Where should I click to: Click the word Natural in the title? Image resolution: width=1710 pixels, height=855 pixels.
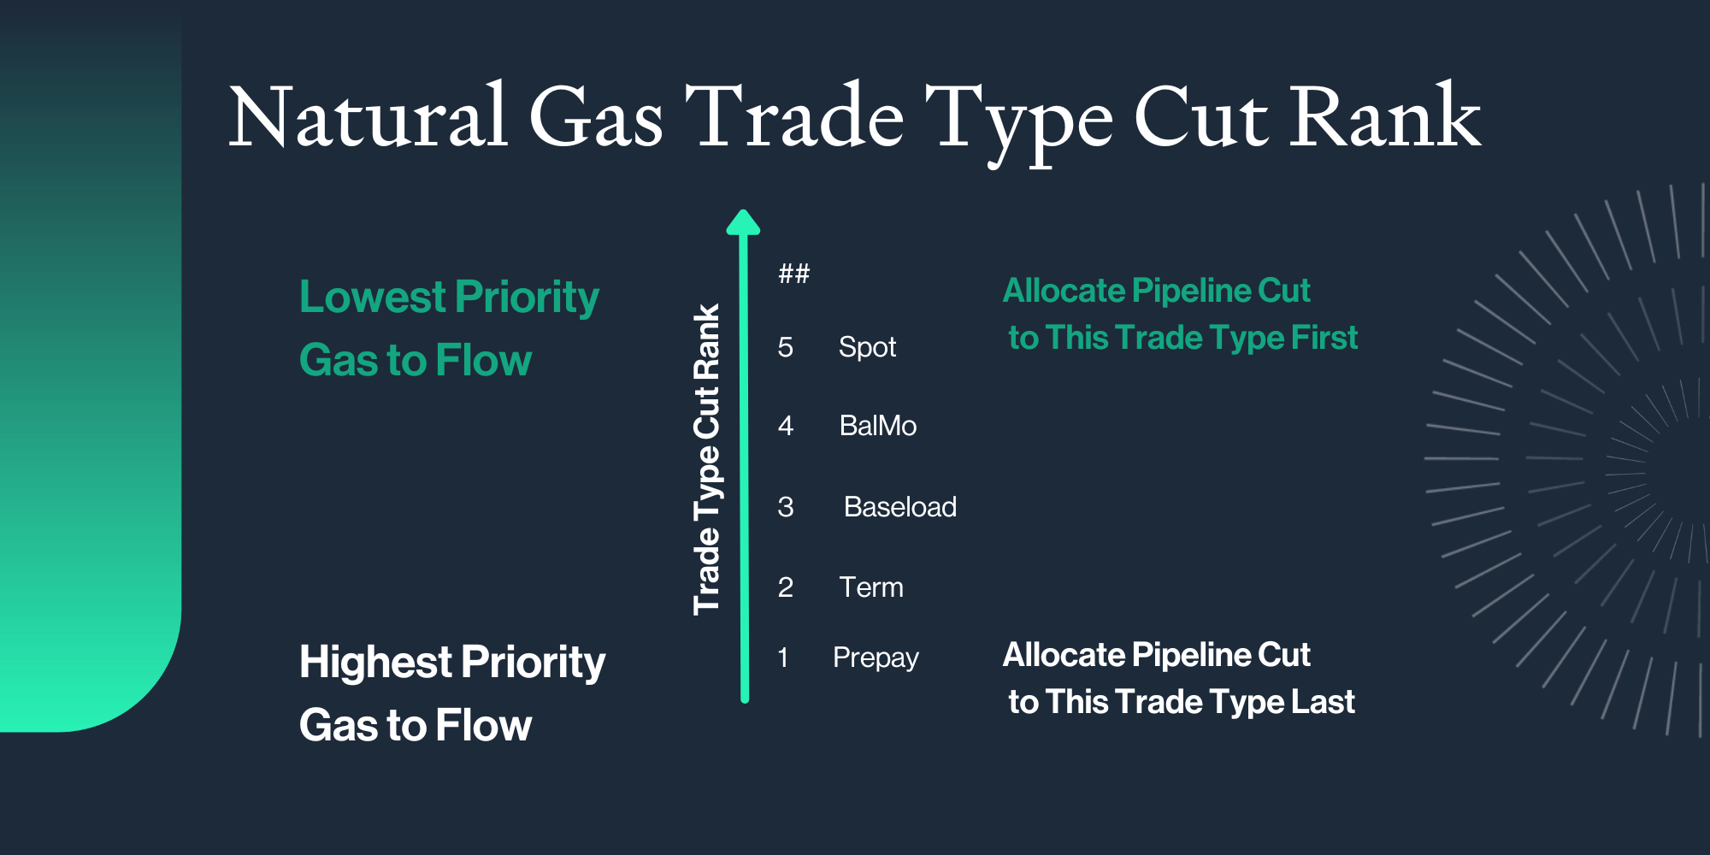pos(368,117)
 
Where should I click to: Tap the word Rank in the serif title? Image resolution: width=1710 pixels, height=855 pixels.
pos(1385,117)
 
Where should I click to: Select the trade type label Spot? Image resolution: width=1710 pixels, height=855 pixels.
pos(867,347)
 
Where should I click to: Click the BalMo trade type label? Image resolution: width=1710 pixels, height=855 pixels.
pos(877,426)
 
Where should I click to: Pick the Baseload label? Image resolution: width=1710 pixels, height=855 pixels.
pos(899,507)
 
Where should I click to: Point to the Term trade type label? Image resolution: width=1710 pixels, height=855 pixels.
pos(870,587)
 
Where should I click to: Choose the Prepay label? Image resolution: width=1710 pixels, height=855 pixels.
pos(876,657)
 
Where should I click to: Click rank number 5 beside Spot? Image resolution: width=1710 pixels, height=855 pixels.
pos(785,347)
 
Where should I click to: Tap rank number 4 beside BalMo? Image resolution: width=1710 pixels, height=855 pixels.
pos(785,426)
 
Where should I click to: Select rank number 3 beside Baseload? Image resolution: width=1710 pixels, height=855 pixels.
pos(785,507)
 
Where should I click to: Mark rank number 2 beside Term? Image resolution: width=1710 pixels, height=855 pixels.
pos(785,587)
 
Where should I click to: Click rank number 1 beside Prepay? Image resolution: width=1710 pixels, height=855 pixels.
pos(782,657)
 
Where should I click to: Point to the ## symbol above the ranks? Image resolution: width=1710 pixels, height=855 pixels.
pos(793,274)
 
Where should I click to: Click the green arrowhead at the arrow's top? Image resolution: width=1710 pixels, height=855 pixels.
pos(743,222)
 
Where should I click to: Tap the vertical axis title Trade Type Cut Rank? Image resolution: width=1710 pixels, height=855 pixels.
pos(707,460)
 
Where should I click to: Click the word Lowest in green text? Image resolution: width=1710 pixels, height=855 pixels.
pos(373,298)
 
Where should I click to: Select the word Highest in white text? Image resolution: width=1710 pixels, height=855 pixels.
pos(375,663)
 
